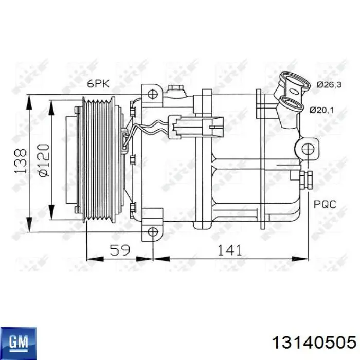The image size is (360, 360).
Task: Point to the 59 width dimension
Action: click(119, 250)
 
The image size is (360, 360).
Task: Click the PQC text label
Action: click(326, 204)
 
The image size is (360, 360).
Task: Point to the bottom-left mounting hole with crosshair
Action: click(152, 231)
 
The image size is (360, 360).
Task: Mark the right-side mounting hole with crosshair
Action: click(308, 149)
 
